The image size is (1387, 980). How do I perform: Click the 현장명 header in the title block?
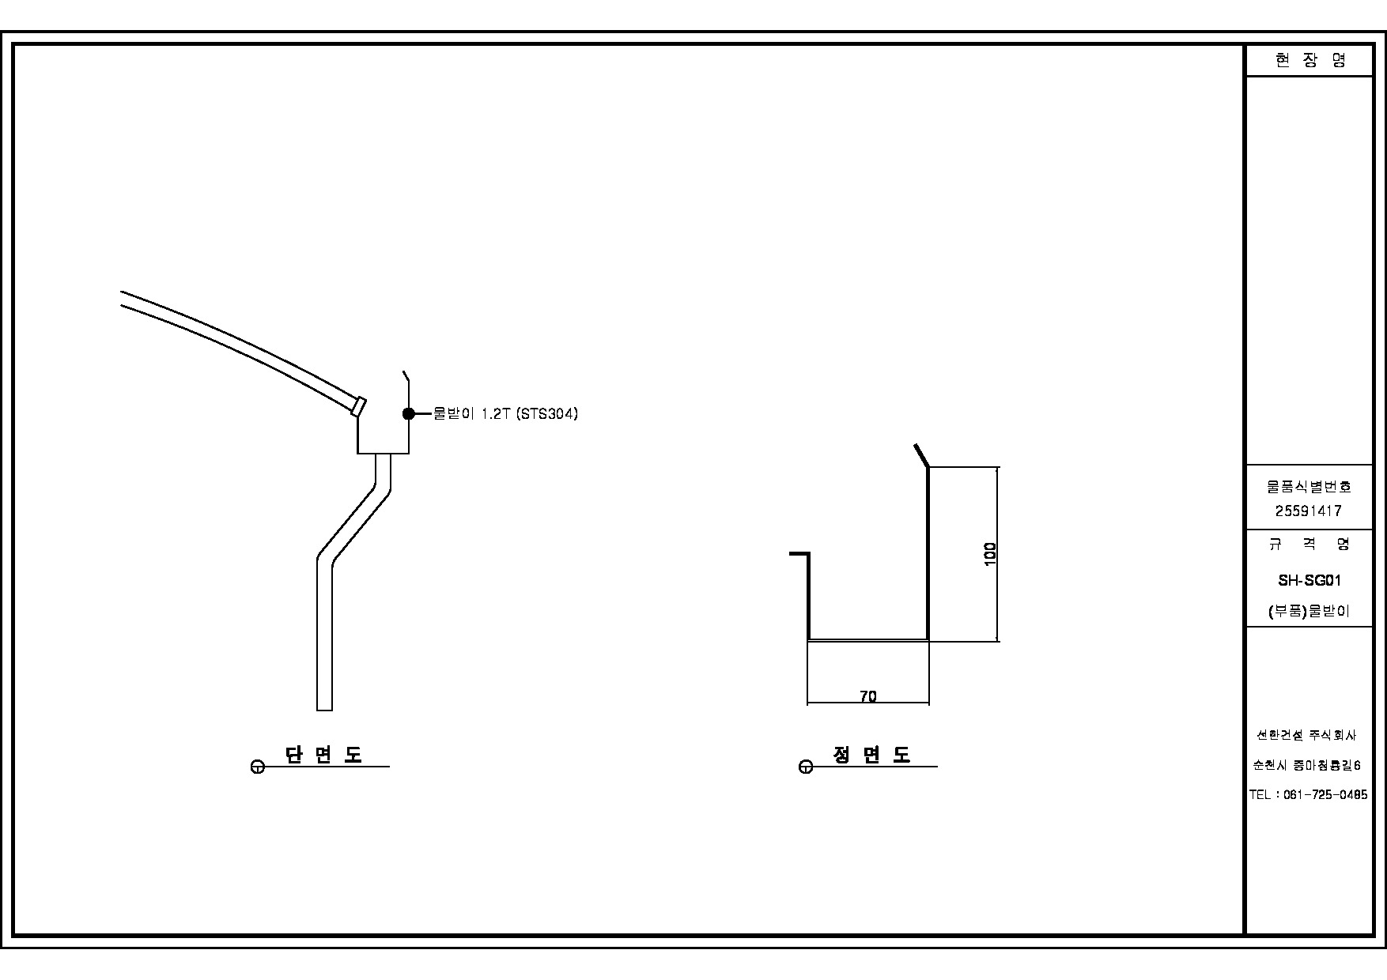1310,60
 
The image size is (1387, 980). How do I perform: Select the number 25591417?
1309,511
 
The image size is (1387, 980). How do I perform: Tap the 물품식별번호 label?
1309,487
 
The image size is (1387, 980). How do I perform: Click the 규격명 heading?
1309,544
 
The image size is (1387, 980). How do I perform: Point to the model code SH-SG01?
1310,580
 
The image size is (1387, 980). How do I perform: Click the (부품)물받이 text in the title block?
1309,611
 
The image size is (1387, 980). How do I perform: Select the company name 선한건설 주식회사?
1306,735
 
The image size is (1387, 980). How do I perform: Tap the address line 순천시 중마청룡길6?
1307,765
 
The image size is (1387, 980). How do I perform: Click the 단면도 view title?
323,755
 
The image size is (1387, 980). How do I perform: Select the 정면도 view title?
871,755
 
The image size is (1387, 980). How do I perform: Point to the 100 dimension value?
990,554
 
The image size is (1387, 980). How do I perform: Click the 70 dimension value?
867,696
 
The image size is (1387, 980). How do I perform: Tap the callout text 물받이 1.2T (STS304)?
505,413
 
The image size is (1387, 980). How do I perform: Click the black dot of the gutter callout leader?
409,413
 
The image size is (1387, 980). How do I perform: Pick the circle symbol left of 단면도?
257,767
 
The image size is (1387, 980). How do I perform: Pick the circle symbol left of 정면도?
806,767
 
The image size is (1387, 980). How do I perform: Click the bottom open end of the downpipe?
324,709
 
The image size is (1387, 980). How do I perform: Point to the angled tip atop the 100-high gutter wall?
920,454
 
